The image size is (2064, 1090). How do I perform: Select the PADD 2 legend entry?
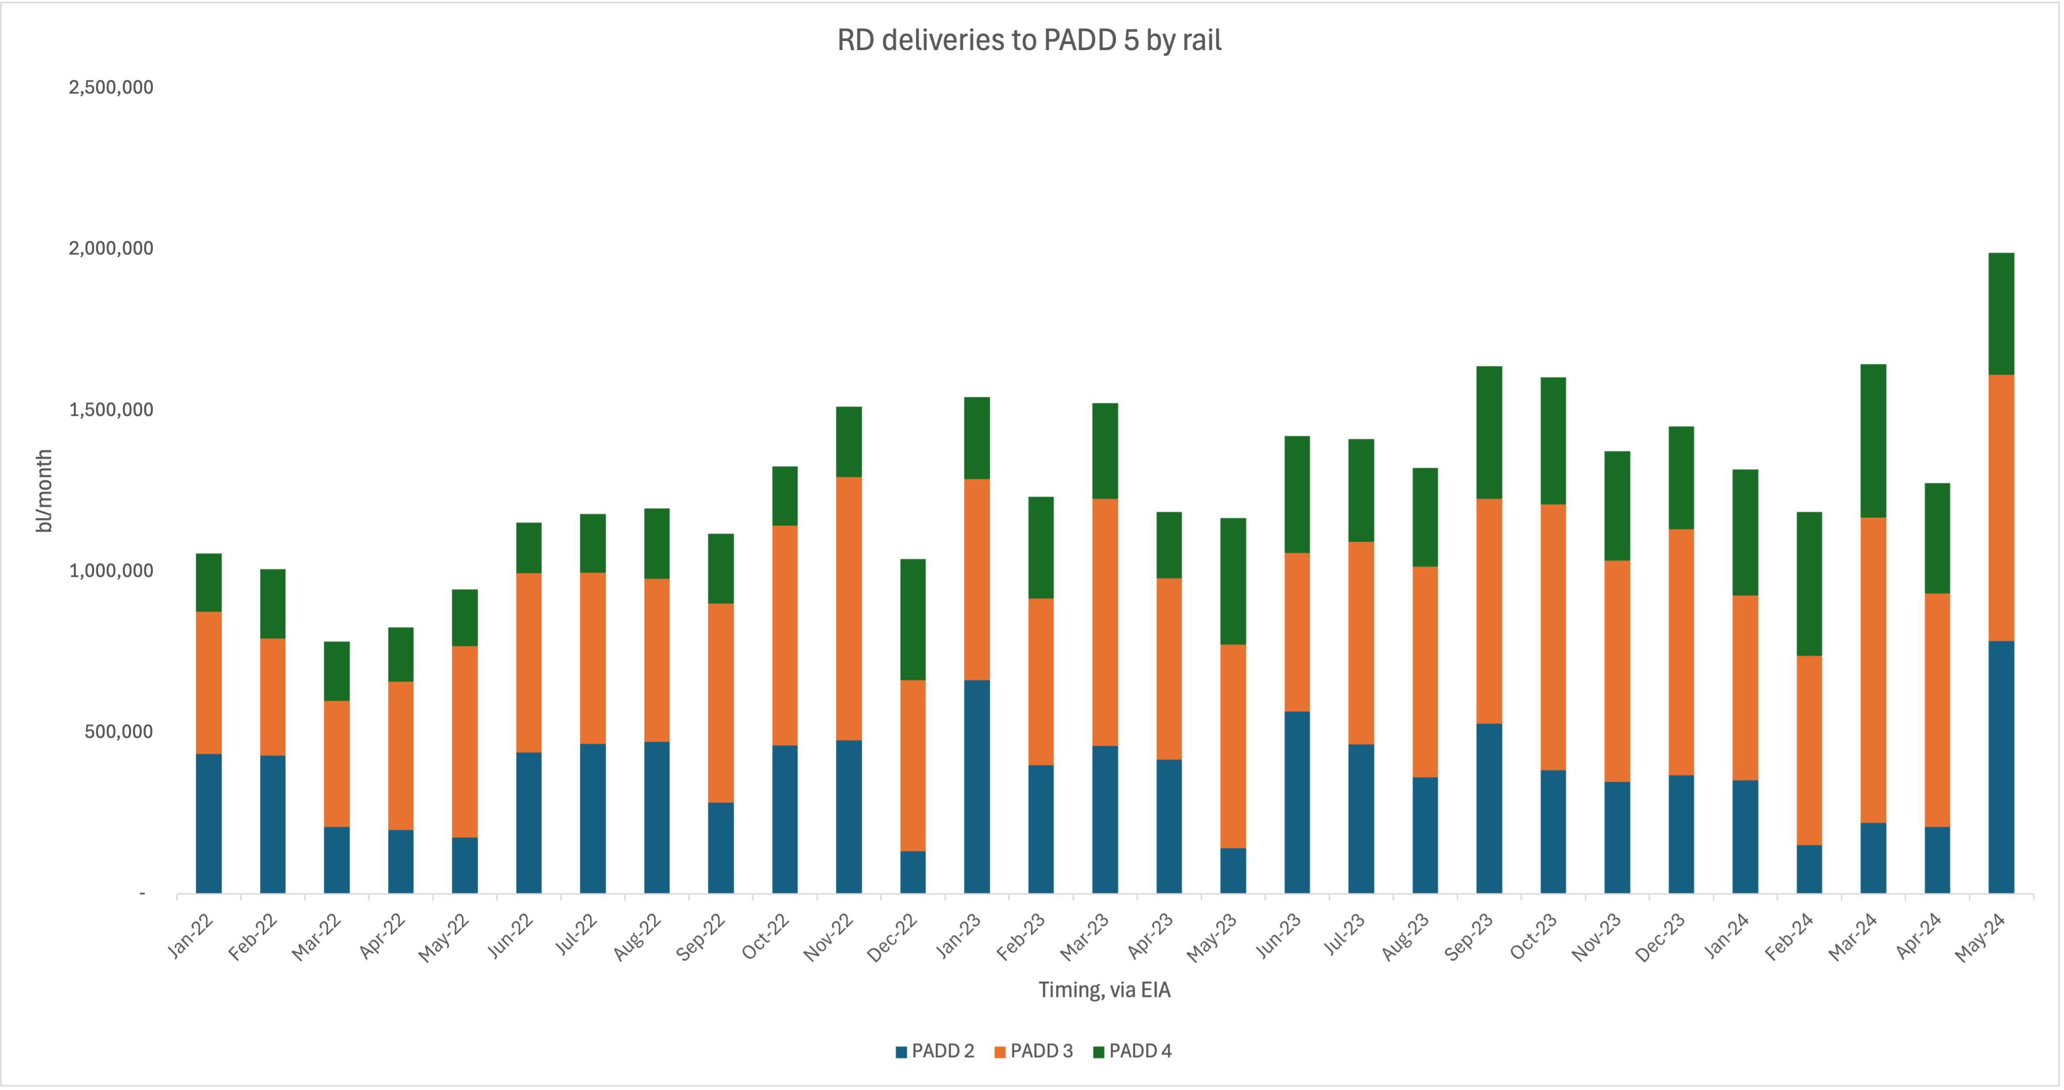(935, 1051)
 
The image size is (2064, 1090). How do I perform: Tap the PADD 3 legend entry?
(1034, 1051)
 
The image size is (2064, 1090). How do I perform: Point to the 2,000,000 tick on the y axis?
(111, 248)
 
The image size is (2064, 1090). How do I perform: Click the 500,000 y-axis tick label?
(118, 732)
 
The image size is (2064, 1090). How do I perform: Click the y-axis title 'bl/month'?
(44, 490)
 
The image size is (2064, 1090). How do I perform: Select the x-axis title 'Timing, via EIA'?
(1104, 990)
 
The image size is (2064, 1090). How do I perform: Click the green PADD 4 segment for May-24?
(2001, 313)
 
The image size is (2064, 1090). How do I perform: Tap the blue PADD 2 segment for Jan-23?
(977, 786)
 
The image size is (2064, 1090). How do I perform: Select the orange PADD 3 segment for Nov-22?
(849, 608)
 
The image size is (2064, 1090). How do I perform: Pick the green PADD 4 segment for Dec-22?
(913, 619)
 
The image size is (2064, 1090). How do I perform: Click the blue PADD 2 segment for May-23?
(1233, 870)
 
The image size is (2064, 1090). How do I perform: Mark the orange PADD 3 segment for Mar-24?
(1873, 670)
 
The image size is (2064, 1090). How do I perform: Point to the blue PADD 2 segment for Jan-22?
(208, 823)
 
